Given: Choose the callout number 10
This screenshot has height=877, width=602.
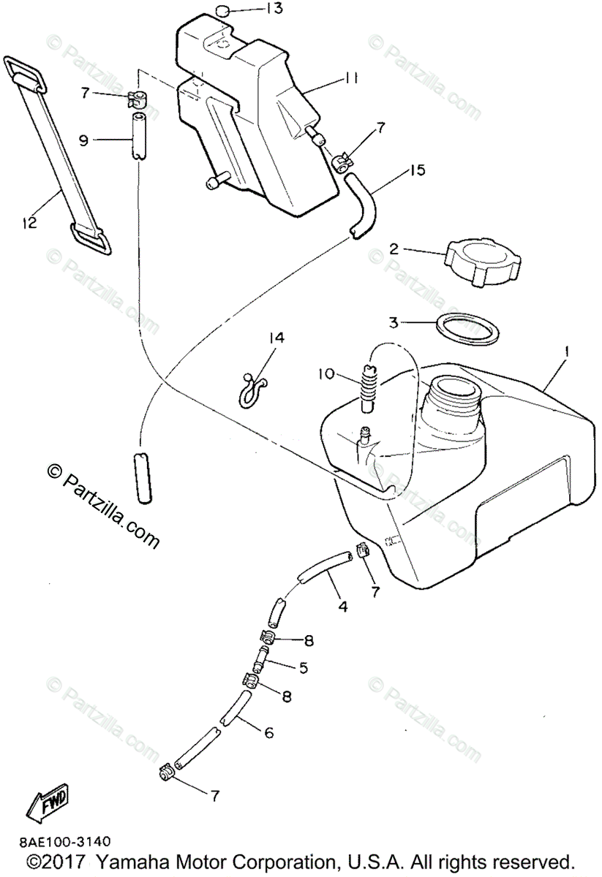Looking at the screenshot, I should tap(326, 374).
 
